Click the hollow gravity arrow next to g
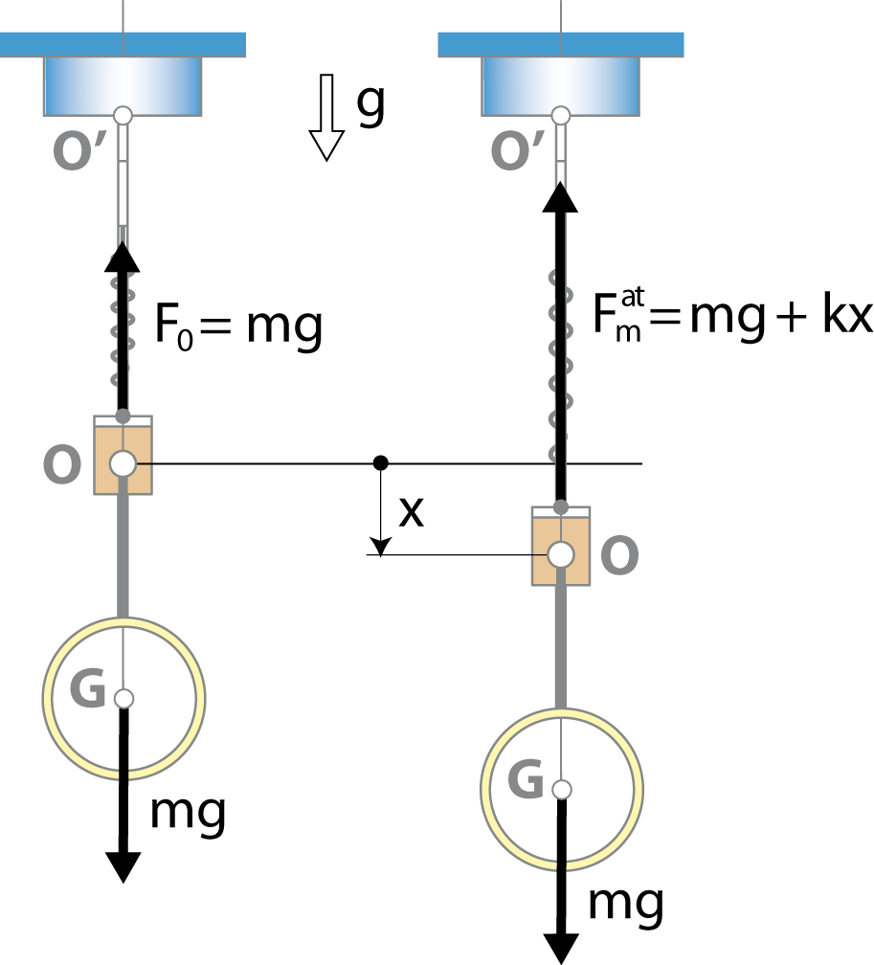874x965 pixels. click(326, 117)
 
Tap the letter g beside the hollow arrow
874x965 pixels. click(370, 104)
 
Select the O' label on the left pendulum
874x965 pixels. click(80, 151)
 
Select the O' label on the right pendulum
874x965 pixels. click(518, 151)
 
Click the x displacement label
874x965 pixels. click(411, 512)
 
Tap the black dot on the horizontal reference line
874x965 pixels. click(381, 462)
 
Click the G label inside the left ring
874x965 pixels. click(87, 687)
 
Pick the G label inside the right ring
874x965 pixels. click(526, 778)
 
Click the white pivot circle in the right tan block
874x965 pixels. click(561, 555)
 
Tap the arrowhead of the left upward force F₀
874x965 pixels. click(123, 256)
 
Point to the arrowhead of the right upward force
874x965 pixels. click(560, 197)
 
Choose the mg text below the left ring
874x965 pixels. click(188, 814)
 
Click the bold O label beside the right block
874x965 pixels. click(619, 555)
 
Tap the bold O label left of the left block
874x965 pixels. click(62, 464)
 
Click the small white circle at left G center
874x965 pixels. click(123, 699)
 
